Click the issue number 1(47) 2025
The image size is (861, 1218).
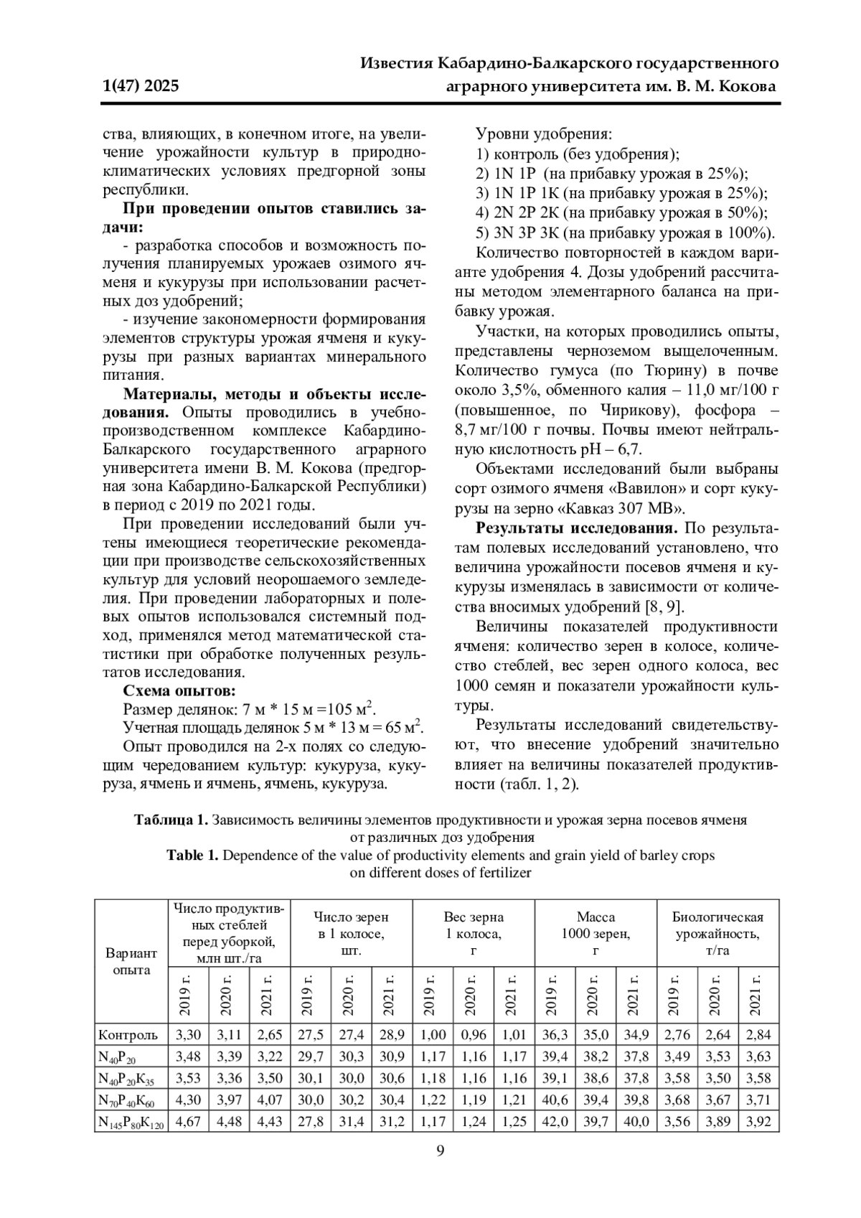coord(141,87)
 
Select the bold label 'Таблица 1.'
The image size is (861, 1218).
coord(171,820)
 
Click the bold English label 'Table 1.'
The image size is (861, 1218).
coord(192,855)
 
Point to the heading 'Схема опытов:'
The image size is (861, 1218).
coord(179,691)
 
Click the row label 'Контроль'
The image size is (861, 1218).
coord(128,1035)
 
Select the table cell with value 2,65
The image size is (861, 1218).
coord(270,1035)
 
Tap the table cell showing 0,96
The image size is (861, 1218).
coord(474,1035)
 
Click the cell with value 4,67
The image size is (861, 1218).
coord(188,1122)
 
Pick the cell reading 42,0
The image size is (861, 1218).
coord(555,1122)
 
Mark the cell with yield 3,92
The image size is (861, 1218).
coord(758,1122)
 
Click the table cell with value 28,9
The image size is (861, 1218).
coord(392,1035)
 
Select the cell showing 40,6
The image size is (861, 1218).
coord(555,1100)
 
